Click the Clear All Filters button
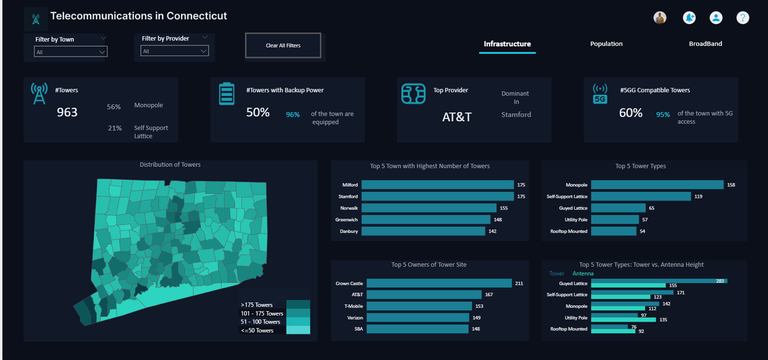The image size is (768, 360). pos(283,45)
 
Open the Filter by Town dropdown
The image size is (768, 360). pos(71,52)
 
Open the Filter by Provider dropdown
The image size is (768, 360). pos(174,51)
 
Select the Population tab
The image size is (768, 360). pos(606,44)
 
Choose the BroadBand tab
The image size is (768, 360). pos(705,44)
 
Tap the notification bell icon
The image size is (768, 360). pos(689,18)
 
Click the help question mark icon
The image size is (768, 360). pos(742,18)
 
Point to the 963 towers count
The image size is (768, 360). pos(67,112)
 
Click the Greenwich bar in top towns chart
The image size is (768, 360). pos(426,219)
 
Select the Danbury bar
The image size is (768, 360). pos(423,231)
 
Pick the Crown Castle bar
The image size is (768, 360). pos(439,283)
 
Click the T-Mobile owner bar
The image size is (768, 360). pos(419,306)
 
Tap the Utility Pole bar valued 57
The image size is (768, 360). pos(614,219)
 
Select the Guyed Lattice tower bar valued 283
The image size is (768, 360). pos(659,281)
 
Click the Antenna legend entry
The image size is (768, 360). pos(583,274)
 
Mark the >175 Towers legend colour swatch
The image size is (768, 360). pos(298,304)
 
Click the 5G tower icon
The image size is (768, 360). pos(600,94)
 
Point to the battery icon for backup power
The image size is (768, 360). pos(227,94)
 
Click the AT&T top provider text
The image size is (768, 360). pos(456,117)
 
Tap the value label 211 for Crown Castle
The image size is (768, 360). pos(519,284)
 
